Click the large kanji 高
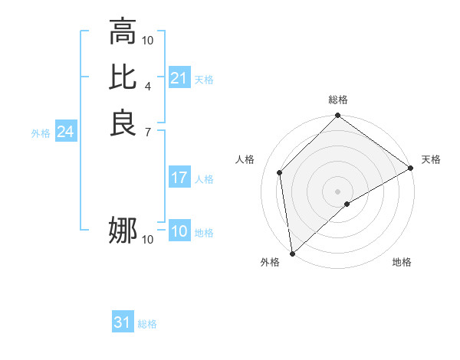[x=123, y=31]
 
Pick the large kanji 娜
[x=123, y=231]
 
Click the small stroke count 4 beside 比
[x=148, y=86]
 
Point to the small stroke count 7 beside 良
[x=148, y=132]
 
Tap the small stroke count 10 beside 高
[x=148, y=40]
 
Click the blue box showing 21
[x=179, y=78]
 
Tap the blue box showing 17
[x=179, y=178]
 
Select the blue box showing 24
[x=66, y=132]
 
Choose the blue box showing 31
[x=123, y=323]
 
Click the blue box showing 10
[x=179, y=232]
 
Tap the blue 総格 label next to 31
[x=147, y=324]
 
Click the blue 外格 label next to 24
[x=41, y=133]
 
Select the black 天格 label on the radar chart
[x=431, y=159]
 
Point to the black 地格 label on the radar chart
[x=402, y=262]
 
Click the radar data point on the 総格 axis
[x=338, y=116]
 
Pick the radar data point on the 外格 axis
[x=292, y=254]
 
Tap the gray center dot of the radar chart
[x=338, y=191]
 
